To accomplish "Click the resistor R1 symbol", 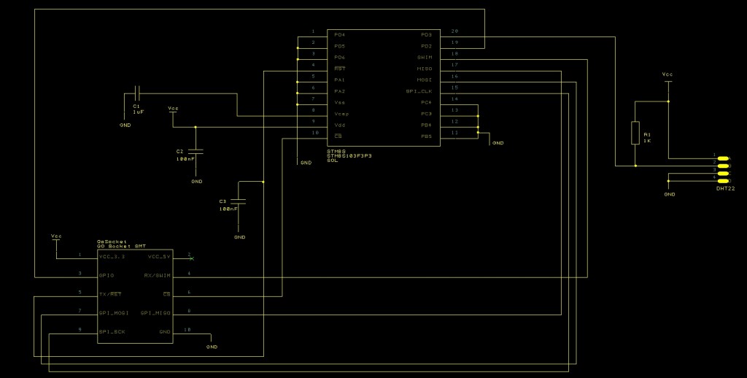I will click(635, 134).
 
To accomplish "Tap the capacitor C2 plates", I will click(196, 152).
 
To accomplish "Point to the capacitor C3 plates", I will click(240, 201).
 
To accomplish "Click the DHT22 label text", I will click(725, 188).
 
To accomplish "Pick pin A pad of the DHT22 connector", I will click(723, 158).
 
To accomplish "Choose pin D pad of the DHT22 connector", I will click(723, 178).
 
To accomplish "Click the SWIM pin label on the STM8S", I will click(425, 57).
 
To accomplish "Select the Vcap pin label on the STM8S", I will click(341, 114).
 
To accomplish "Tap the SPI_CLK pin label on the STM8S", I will click(419, 91).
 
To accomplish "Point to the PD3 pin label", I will click(426, 34).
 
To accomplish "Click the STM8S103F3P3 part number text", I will click(349, 155).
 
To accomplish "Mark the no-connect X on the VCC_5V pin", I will click(191, 258).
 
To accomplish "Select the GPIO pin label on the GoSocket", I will click(107, 276).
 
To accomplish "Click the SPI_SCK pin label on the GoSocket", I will click(112, 332).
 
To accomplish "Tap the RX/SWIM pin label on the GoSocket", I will click(158, 276).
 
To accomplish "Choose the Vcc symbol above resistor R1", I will click(667, 75).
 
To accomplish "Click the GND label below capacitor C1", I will click(125, 125).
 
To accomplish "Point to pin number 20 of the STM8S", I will click(454, 31).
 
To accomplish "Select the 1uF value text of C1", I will click(138, 112).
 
